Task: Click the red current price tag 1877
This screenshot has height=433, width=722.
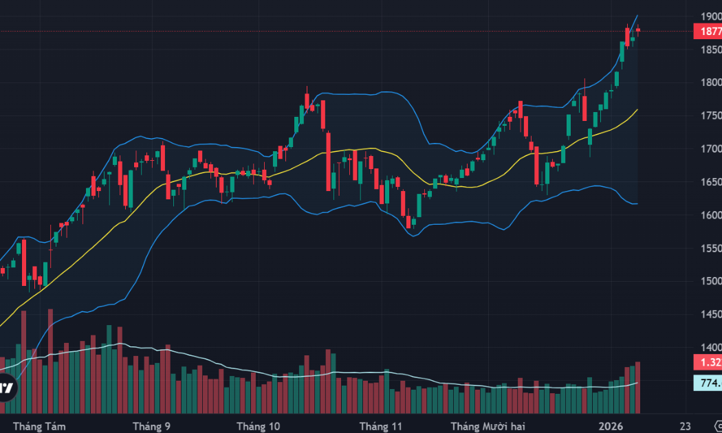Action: (709, 31)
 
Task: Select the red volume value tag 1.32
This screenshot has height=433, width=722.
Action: (709, 362)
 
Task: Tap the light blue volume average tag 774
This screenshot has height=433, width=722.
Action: (709, 384)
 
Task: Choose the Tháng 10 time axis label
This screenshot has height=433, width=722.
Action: (258, 426)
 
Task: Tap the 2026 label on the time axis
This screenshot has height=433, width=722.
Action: (611, 426)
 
